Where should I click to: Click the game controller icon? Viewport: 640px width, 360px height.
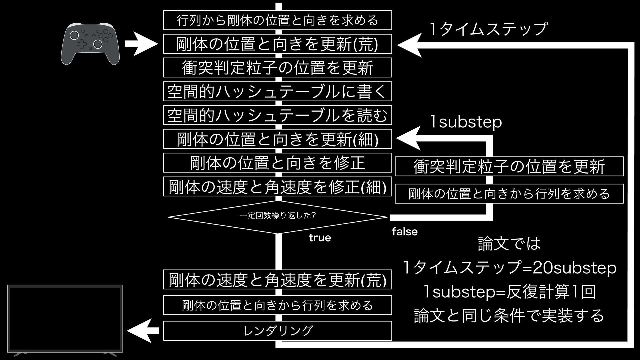point(90,43)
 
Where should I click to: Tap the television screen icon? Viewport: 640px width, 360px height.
point(65,318)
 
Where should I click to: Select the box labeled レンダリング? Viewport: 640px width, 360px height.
point(277,331)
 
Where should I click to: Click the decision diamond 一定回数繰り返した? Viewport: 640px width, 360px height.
point(277,217)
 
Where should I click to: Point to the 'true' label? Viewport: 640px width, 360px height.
point(320,238)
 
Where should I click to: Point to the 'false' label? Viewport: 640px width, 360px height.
point(404,232)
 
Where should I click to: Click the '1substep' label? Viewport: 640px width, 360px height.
point(466,122)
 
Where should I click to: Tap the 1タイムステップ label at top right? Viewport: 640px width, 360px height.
point(488,29)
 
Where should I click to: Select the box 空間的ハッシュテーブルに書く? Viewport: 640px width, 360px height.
point(277,91)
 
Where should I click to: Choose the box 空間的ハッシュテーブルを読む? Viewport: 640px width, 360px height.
point(277,115)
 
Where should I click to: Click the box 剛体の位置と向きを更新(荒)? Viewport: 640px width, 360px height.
point(277,44)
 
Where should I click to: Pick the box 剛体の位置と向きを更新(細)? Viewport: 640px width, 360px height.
point(277,139)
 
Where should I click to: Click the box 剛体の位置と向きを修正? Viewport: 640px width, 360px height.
point(277,163)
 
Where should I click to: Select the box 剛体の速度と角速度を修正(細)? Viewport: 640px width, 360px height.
point(277,187)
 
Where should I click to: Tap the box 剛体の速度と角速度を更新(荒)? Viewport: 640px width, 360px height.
point(277,280)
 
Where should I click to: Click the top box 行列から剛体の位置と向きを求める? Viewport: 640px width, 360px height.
point(277,20)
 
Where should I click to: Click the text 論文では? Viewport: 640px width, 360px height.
point(509,244)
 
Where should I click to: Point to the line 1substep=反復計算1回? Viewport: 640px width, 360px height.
point(509,292)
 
